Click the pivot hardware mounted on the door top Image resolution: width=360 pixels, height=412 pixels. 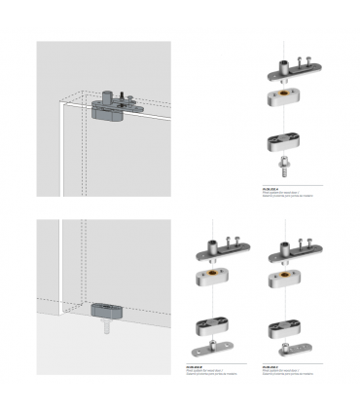coord(109,105)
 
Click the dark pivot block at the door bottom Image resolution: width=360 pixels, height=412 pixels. coord(107,310)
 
